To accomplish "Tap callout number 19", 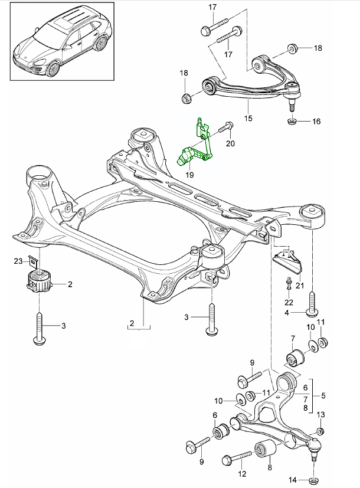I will pyautogui.click(x=189, y=175).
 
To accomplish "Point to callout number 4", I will pyautogui.click(x=287, y=312).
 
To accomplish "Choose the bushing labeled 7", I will pyautogui.click(x=293, y=358).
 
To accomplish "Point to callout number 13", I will pyautogui.click(x=321, y=415).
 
